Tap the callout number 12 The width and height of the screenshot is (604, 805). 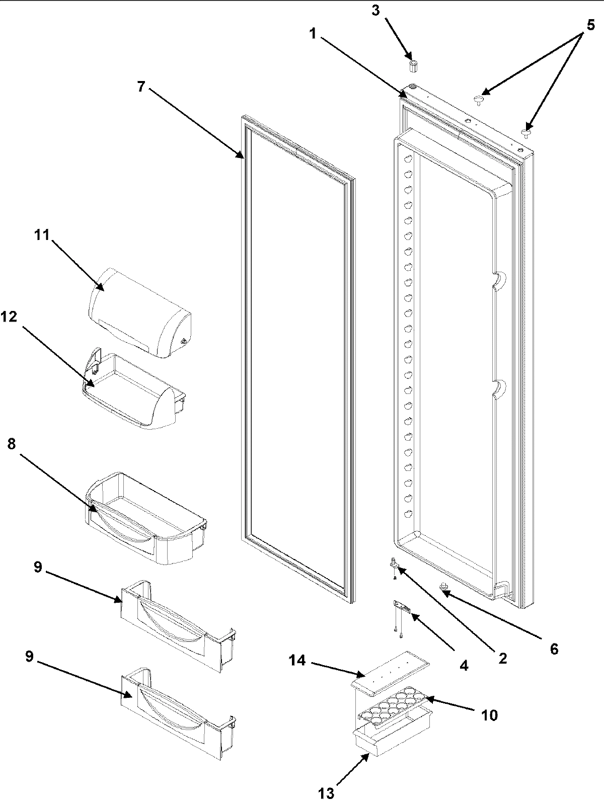coord(9,316)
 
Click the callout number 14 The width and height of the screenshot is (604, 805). coord(297,660)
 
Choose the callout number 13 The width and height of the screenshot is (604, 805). coord(326,793)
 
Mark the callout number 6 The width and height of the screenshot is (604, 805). coord(553,649)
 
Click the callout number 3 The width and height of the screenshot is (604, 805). coord(375,11)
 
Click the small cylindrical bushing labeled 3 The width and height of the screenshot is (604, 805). coord(413,66)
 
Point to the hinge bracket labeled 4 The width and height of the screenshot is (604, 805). coord(403,609)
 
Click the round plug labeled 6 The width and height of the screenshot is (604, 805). coord(444,586)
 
